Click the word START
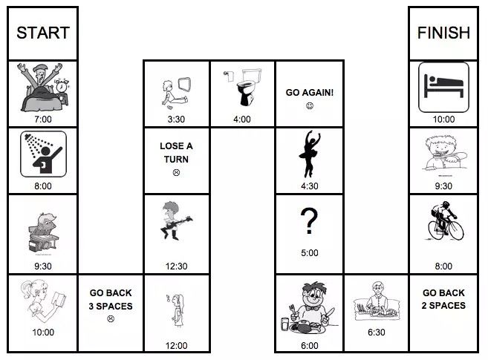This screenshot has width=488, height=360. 43,33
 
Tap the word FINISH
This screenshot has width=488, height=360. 443,33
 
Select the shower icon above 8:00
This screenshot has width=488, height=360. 43,154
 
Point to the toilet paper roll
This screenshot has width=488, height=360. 229,76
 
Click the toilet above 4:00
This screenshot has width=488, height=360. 248,87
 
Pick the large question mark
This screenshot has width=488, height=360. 309,220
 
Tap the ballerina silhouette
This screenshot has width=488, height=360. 309,154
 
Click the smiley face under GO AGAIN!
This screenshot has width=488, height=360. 309,106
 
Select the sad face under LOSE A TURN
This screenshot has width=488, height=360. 176,172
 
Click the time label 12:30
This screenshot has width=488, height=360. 176,266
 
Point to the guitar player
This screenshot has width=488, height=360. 175,220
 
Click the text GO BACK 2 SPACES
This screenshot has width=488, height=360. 443,299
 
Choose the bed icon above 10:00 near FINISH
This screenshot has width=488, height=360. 443,87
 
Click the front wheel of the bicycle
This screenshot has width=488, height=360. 455,230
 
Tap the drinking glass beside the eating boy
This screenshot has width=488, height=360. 284,324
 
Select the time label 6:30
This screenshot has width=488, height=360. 377,333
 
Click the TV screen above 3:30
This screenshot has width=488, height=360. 184,84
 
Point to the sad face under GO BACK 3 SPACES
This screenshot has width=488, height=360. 111,318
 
